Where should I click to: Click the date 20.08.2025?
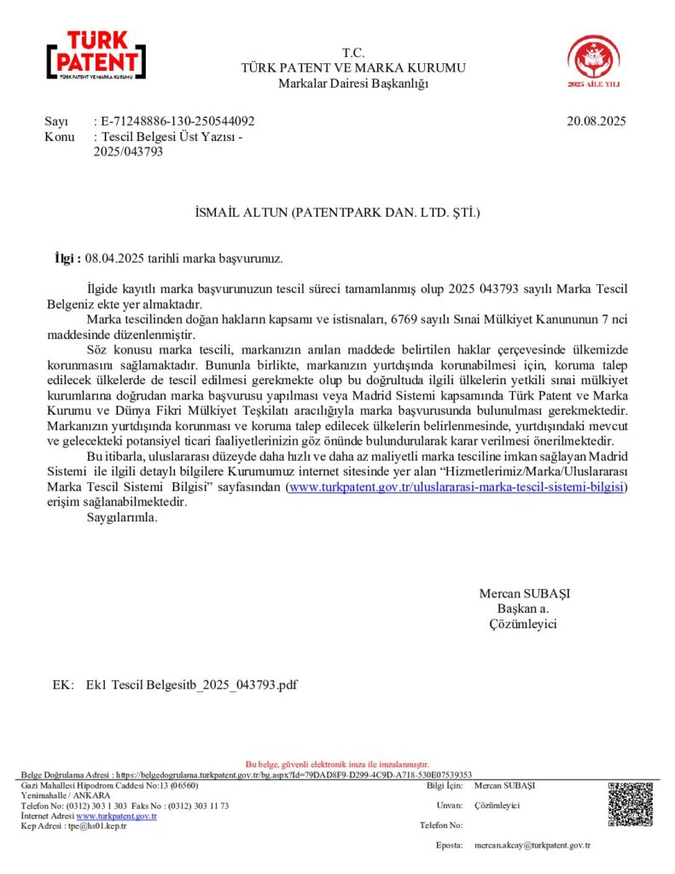pos(596,121)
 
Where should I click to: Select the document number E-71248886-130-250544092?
pos(177,121)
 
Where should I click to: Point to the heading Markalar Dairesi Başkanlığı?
pos(353,83)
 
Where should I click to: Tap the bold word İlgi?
pos(66,257)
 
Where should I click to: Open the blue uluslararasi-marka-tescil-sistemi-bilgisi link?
pos(457,487)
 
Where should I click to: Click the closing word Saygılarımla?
pos(123,517)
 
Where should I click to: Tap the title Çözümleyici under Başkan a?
pos(522,624)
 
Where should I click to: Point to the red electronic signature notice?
pos(337,764)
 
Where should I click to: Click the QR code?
pos(630,804)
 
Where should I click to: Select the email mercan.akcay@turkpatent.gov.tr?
pos(532,845)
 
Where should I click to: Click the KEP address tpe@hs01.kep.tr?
pos(98,825)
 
